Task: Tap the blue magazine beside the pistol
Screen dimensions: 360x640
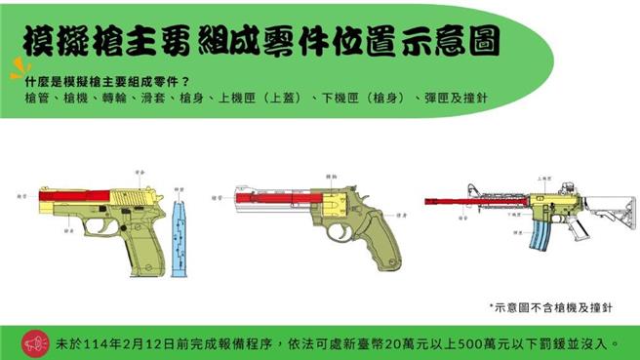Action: click(178, 239)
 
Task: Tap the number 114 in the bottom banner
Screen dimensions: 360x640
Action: click(115, 343)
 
